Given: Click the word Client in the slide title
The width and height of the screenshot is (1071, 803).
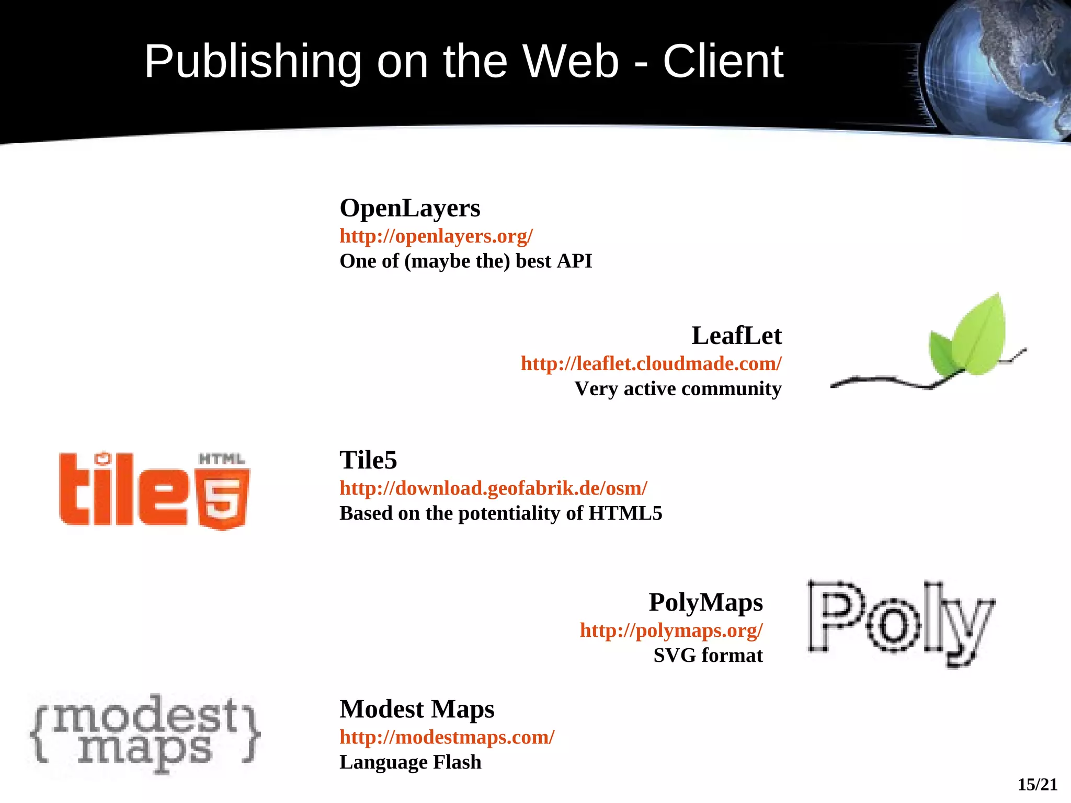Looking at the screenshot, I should pos(723,62).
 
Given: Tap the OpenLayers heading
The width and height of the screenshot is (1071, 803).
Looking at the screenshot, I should pos(409,208).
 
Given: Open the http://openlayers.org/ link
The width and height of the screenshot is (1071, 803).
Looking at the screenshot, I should pos(436,236).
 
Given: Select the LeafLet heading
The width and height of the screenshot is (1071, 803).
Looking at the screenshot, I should pos(736,336).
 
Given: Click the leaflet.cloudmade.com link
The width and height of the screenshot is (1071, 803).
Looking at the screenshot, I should pos(651,364).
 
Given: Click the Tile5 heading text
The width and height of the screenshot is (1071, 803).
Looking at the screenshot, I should pos(368,461).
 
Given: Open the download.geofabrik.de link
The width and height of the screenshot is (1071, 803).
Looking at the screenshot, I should pos(493,488).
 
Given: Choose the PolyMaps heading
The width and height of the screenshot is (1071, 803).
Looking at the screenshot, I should pos(705,602).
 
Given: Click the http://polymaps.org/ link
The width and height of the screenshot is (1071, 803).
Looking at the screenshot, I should pos(671,630).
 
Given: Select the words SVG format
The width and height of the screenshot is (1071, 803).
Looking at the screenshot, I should pos(708,656).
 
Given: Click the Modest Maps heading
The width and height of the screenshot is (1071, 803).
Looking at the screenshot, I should pos(417,709).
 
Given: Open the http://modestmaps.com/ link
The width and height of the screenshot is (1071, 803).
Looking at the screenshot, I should pos(447,737).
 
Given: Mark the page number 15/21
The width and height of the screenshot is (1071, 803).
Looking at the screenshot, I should pos(1037,785).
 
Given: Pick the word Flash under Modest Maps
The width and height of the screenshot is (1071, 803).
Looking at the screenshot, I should pos(457,762).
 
